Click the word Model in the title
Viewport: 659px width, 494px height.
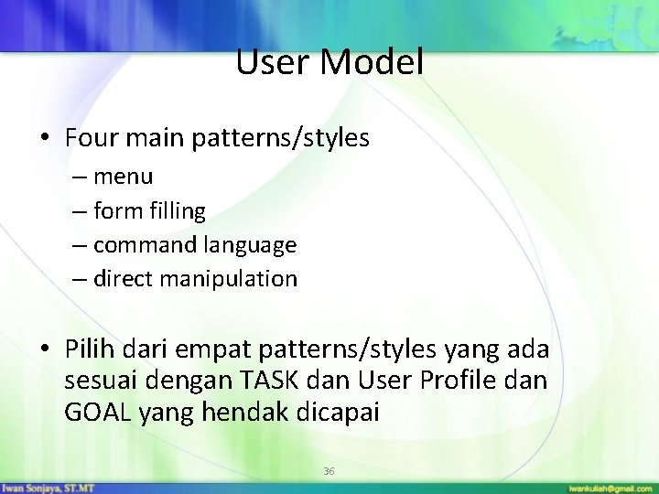click(375, 62)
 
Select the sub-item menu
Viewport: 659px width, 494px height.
click(123, 176)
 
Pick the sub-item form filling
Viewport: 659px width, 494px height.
click(149, 210)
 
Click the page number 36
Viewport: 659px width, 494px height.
click(329, 471)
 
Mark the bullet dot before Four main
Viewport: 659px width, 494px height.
click(44, 139)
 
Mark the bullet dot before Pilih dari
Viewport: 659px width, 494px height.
click(44, 350)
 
